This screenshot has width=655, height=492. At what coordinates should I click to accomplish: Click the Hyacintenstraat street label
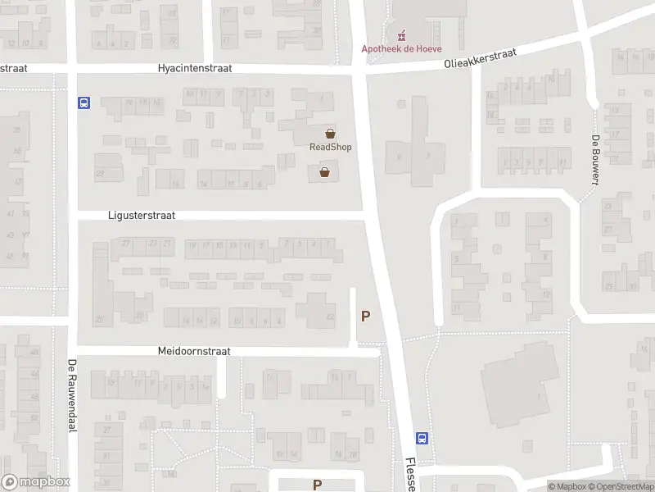pyautogui.click(x=196, y=69)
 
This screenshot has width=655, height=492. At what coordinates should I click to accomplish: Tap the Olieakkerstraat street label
pyautogui.click(x=481, y=57)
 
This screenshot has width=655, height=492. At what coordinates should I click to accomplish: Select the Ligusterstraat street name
pyautogui.click(x=142, y=215)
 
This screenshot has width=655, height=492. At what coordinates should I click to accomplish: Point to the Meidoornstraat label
pyautogui.click(x=194, y=351)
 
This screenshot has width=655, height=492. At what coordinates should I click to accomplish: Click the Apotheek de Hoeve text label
pyautogui.click(x=402, y=48)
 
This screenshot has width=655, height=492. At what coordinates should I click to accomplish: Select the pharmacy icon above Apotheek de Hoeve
pyautogui.click(x=401, y=35)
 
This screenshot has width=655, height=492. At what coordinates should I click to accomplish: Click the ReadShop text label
pyautogui.click(x=330, y=147)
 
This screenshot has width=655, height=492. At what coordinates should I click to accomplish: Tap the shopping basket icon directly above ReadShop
pyautogui.click(x=331, y=134)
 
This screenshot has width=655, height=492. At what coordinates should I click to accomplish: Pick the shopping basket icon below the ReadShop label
pyautogui.click(x=325, y=172)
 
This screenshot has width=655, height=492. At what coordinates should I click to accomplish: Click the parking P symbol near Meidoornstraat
pyautogui.click(x=365, y=316)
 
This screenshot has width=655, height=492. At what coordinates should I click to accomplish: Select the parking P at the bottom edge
pyautogui.click(x=317, y=485)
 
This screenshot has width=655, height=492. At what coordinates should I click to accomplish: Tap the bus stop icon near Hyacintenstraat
pyautogui.click(x=84, y=103)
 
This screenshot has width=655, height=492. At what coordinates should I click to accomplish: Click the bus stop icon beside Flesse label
pyautogui.click(x=422, y=438)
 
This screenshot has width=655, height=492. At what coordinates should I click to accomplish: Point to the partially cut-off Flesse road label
pyautogui.click(x=409, y=474)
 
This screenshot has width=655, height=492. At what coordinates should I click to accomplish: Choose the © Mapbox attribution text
pyautogui.click(x=570, y=486)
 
